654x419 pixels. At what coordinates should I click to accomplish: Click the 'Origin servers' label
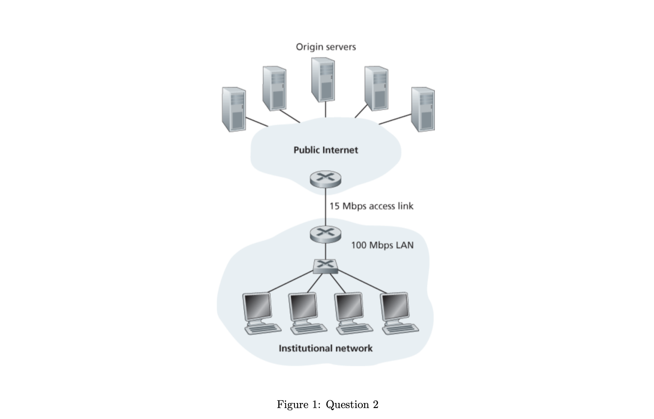(326, 47)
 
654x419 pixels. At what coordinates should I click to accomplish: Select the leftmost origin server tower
(234, 109)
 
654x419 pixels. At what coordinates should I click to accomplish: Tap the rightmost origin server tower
(423, 109)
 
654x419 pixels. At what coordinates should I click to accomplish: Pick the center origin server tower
(323, 80)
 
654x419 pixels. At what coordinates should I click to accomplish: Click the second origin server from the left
(274, 89)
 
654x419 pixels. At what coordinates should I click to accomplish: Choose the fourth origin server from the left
(376, 89)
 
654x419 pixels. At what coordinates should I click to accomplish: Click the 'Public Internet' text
(326, 150)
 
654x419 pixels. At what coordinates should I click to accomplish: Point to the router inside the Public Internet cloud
(325, 179)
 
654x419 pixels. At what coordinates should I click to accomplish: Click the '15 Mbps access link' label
(371, 206)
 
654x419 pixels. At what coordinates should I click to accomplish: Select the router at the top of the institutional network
(325, 234)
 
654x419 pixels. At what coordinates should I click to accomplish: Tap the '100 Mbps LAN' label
(382, 245)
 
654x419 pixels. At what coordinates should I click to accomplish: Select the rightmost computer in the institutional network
(395, 308)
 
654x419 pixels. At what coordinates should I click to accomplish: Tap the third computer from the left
(349, 308)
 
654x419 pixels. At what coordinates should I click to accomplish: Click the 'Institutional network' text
(326, 348)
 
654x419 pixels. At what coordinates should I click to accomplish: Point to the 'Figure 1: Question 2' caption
(327, 405)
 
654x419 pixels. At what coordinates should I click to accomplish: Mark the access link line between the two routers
(325, 207)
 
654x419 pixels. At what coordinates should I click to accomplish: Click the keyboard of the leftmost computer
(263, 328)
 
